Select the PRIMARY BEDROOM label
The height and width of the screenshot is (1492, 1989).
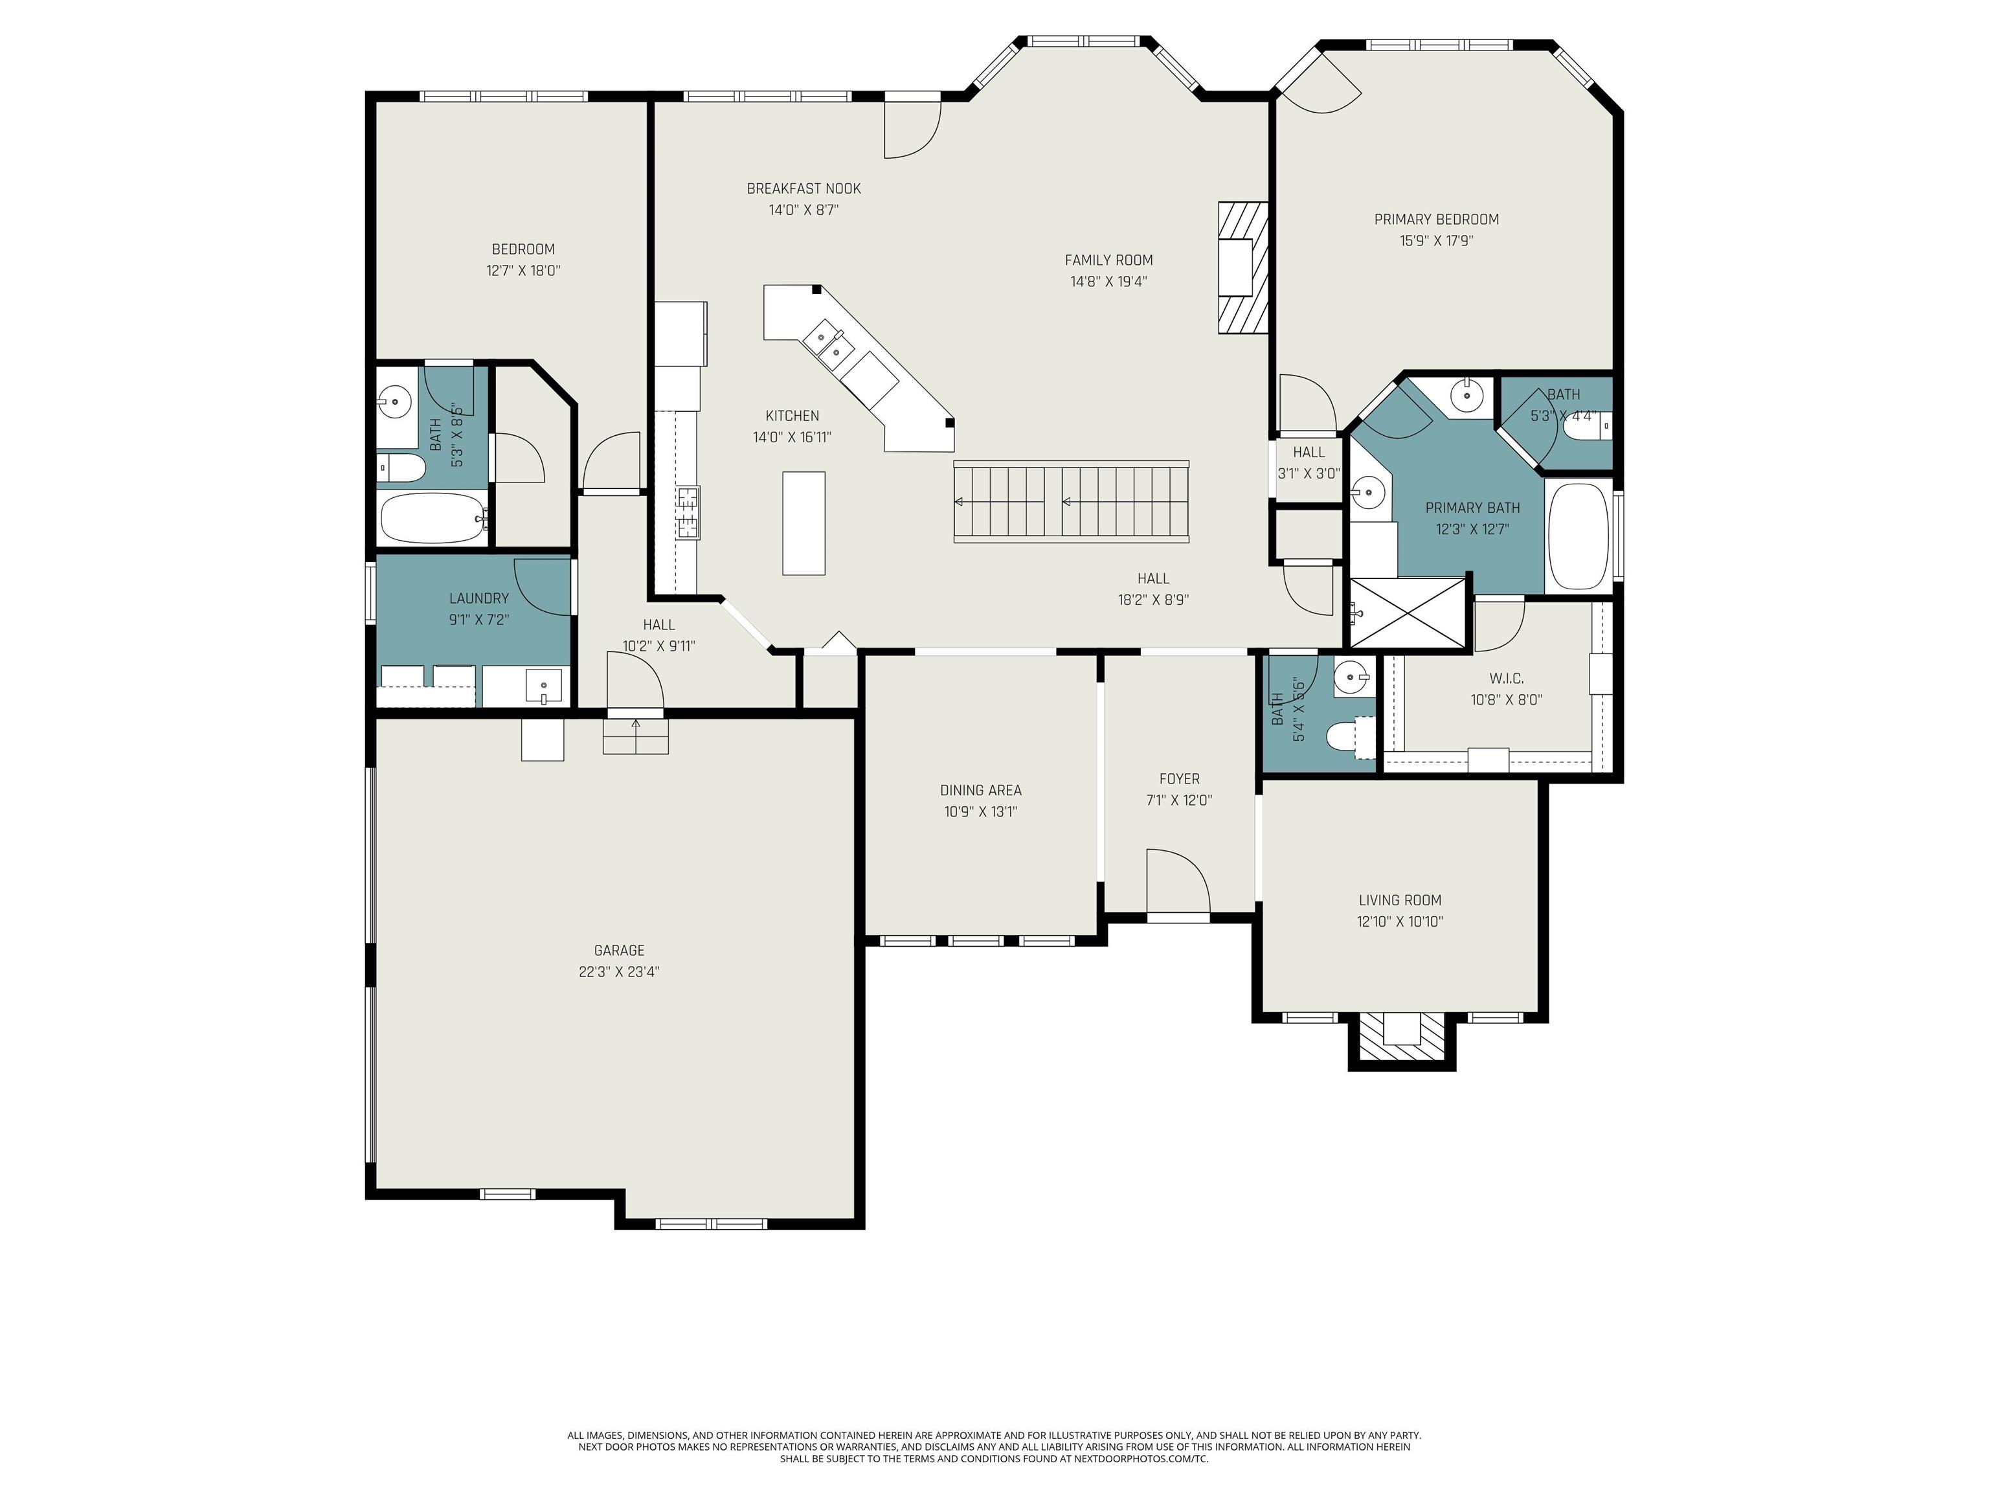coord(1436,220)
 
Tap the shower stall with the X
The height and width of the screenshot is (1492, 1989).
coord(1407,611)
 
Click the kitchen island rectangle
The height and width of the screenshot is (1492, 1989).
coord(804,523)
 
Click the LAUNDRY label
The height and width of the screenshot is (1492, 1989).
coord(479,598)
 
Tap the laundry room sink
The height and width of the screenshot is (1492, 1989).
coord(543,686)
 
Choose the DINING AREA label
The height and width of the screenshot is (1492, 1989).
coord(980,791)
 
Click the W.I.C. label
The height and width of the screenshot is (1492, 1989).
coord(1506,679)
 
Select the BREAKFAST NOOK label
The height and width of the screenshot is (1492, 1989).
coord(804,189)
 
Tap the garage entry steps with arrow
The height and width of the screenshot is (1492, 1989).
coord(636,736)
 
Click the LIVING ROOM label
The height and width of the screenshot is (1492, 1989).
coord(1400,900)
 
